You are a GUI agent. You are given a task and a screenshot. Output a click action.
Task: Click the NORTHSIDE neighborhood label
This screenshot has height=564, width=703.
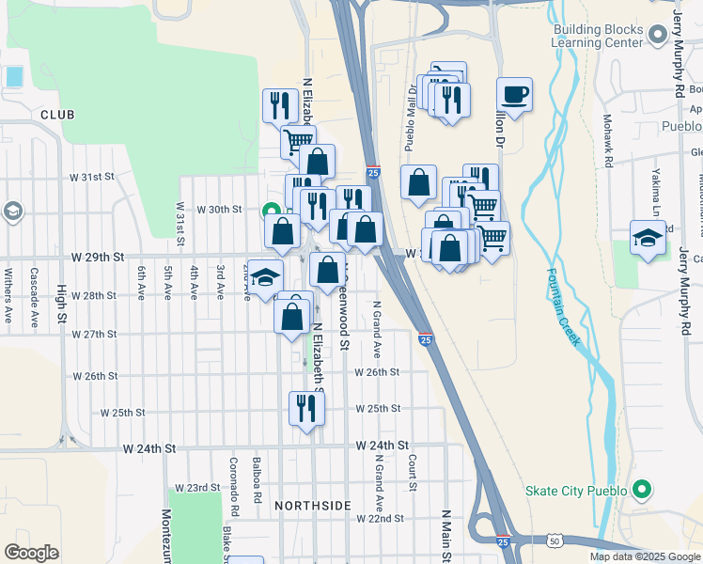[313, 506]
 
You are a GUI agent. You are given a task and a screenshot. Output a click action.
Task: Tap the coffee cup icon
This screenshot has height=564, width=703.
[514, 94]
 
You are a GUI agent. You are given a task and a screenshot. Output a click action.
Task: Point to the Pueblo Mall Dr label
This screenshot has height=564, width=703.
[410, 117]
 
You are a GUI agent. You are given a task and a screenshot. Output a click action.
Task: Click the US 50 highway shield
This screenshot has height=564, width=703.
[554, 541]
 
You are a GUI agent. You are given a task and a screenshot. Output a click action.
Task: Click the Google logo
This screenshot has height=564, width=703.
[31, 553]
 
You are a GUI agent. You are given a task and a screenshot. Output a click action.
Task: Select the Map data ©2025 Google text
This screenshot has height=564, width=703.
[645, 556]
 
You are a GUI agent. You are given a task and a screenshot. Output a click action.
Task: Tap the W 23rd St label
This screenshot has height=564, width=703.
[195, 488]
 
